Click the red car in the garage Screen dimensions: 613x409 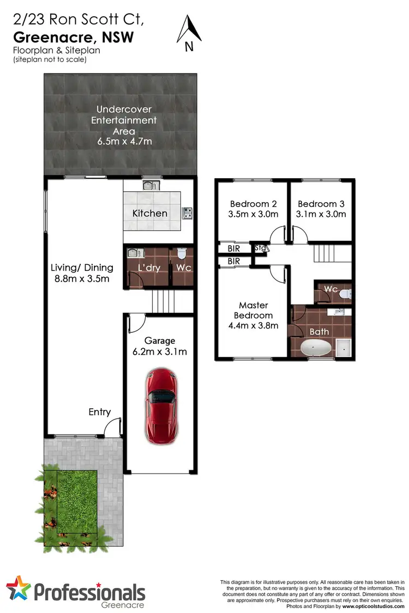pyautogui.click(x=160, y=398)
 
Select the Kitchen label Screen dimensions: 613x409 pyautogui.click(x=150, y=213)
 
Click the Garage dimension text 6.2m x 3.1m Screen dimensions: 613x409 pyautogui.click(x=159, y=351)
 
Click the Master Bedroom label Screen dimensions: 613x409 pyautogui.click(x=253, y=311)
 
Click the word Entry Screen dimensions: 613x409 pyautogui.click(x=100, y=412)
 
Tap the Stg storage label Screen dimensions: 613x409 pyautogui.click(x=260, y=248)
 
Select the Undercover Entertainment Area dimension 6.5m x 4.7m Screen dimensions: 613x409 pyautogui.click(x=124, y=142)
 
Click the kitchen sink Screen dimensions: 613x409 pyautogui.click(x=149, y=186)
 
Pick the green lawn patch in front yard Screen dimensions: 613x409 pyautogui.click(x=77, y=501)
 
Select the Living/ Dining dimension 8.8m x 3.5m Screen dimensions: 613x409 pyautogui.click(x=82, y=279)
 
